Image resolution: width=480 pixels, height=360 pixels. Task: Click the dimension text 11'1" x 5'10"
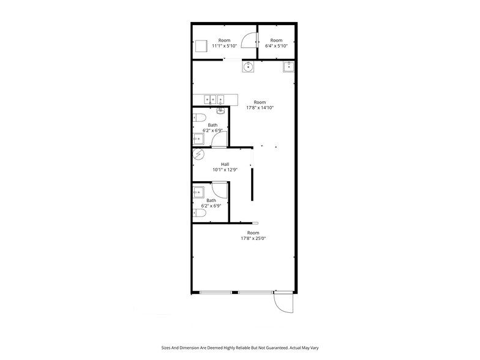click(225, 46)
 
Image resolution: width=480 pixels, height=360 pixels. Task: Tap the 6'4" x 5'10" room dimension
click(276, 46)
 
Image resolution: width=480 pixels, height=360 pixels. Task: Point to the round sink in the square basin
click(249, 66)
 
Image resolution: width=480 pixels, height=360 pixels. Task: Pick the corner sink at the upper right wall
click(288, 67)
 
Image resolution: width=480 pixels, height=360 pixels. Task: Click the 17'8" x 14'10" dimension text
click(260, 108)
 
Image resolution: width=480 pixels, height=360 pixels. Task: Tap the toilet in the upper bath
click(199, 118)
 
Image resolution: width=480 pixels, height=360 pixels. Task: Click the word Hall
click(225, 164)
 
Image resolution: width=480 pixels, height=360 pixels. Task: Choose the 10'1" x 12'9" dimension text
click(225, 170)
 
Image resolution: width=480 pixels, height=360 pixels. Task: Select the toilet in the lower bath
click(198, 213)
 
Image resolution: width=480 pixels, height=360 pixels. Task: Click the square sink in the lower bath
click(198, 193)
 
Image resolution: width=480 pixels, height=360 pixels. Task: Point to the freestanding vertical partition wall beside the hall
click(252, 184)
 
